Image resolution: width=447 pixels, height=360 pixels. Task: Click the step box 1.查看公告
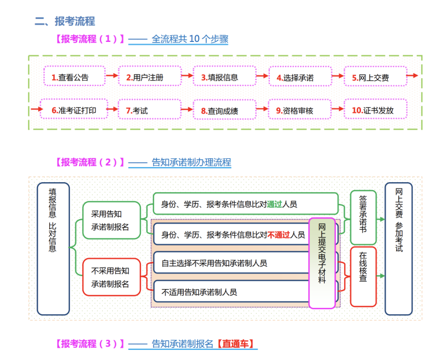[74, 77]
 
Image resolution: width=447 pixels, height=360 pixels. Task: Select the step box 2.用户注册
[149, 77]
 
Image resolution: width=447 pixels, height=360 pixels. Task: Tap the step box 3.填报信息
[225, 77]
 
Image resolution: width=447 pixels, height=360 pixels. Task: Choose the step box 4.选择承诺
[299, 77]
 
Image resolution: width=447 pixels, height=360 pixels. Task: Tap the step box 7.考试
[149, 110]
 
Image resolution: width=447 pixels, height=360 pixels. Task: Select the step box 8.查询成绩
[225, 110]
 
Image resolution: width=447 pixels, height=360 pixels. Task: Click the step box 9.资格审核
[299, 110]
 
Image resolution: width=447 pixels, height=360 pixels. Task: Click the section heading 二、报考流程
[65, 21]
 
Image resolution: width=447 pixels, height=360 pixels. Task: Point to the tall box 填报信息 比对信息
[53, 248]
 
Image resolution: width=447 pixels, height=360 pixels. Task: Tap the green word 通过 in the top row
[275, 205]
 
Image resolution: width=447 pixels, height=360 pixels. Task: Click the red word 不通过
[278, 234]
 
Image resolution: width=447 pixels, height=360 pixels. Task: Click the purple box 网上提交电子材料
[322, 263]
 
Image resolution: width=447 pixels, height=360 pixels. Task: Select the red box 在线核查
[363, 277]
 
